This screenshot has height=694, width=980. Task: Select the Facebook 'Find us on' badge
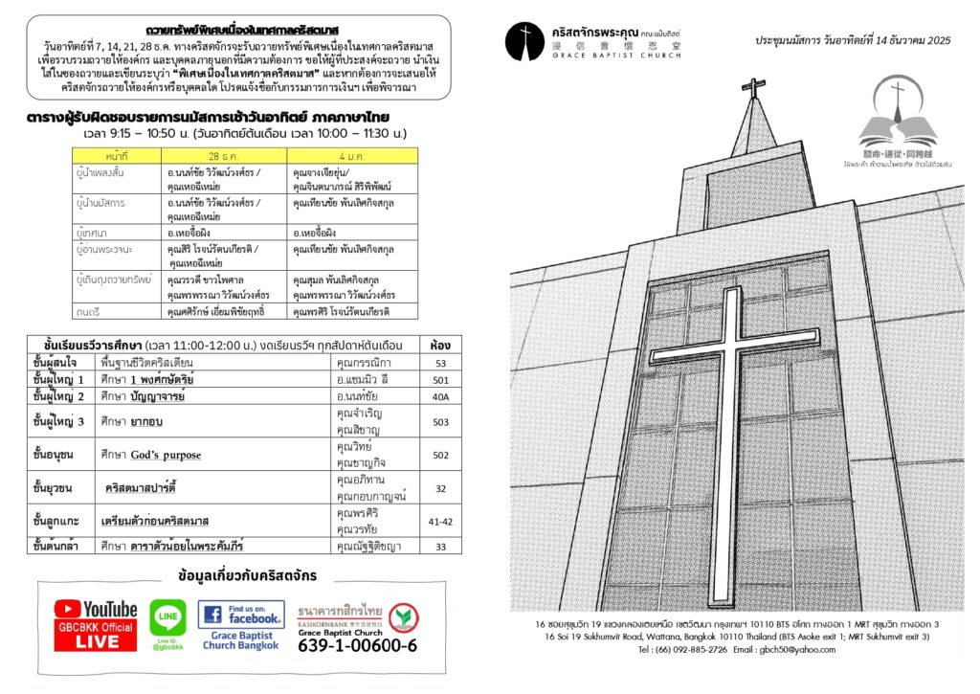click(x=241, y=614)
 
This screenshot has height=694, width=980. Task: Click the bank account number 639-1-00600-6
click(x=357, y=645)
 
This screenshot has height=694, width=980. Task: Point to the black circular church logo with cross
click(x=524, y=40)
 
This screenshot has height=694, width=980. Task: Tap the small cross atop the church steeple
click(x=754, y=88)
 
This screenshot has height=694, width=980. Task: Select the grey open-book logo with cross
click(x=896, y=118)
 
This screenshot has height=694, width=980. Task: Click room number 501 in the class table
click(x=440, y=380)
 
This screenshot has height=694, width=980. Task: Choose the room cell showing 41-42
click(x=440, y=522)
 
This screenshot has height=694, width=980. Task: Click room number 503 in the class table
click(x=440, y=422)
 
